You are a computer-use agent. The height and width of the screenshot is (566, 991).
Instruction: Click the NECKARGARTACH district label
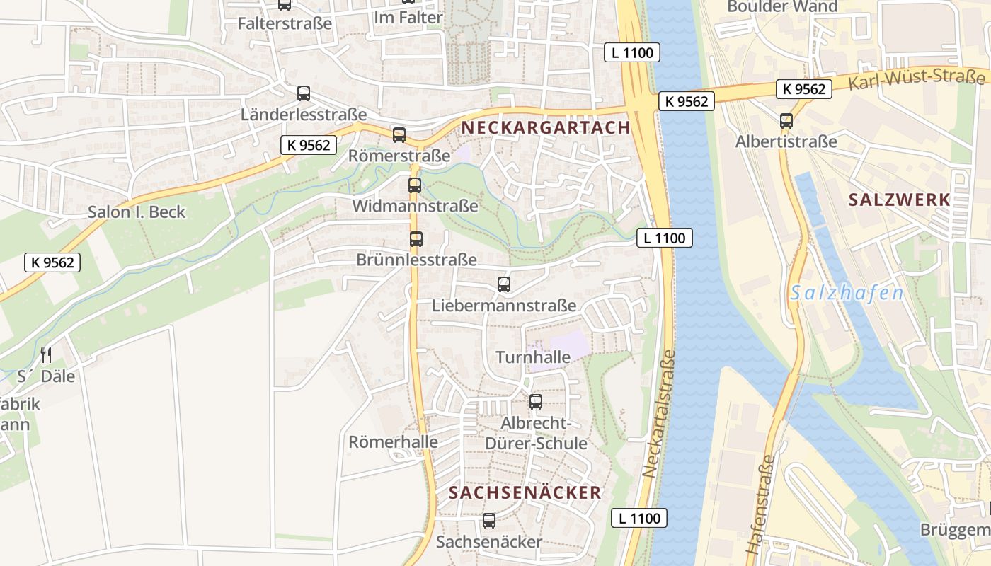tap(545, 127)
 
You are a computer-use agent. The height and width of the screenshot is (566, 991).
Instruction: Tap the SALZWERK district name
tap(899, 200)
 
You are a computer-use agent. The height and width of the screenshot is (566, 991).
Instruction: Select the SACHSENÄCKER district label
tap(525, 492)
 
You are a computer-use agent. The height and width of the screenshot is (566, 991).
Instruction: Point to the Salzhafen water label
tap(847, 293)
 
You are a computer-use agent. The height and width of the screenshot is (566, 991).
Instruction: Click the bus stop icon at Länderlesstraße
tap(304, 93)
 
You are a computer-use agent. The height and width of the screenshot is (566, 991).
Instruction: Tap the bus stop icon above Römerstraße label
tap(399, 135)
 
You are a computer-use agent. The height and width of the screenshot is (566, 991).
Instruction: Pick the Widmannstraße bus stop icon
tap(415, 185)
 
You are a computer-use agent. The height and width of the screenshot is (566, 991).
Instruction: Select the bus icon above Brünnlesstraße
tap(416, 239)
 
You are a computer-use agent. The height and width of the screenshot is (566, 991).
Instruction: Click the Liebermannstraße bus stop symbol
tap(504, 284)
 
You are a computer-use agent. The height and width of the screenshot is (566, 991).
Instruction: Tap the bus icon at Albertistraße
tap(786, 121)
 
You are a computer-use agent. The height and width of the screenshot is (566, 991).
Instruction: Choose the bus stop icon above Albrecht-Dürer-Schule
tap(536, 402)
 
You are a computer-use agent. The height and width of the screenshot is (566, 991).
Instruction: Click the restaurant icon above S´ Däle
tap(46, 354)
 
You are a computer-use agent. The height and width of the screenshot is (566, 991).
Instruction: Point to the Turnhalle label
tap(533, 357)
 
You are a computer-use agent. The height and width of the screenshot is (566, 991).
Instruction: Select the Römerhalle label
tap(393, 442)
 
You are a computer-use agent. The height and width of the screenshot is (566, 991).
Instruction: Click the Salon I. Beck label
tap(137, 212)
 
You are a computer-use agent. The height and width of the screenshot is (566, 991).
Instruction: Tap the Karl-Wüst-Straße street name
tap(916, 80)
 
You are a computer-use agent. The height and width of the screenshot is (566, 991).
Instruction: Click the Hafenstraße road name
tap(761, 504)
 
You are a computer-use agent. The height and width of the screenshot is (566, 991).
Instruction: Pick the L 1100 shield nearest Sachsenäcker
tap(639, 518)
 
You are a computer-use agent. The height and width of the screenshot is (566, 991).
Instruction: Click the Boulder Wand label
tap(782, 7)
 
